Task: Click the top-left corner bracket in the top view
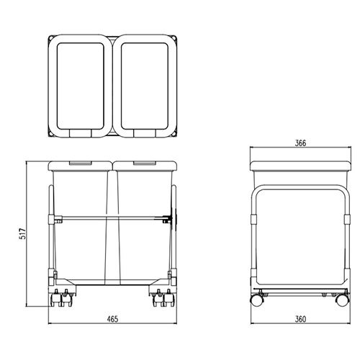pyautogui.click(x=51, y=38)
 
